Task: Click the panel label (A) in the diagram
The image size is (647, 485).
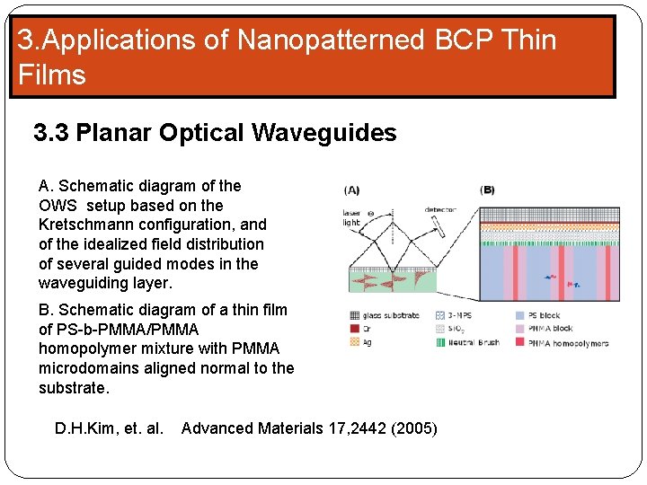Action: pyautogui.click(x=352, y=190)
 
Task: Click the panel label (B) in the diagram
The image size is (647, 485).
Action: pyautogui.click(x=487, y=190)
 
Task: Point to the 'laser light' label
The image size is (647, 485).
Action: pyautogui.click(x=351, y=217)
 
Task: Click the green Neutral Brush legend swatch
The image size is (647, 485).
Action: pyautogui.click(x=440, y=342)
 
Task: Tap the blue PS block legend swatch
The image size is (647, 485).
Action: pyautogui.click(x=521, y=315)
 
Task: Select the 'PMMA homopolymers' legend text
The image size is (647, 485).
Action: pyautogui.click(x=568, y=343)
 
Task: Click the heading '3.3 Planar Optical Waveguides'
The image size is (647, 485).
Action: pyautogui.click(x=215, y=133)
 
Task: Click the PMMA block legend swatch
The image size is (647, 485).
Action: pyautogui.click(x=521, y=329)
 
